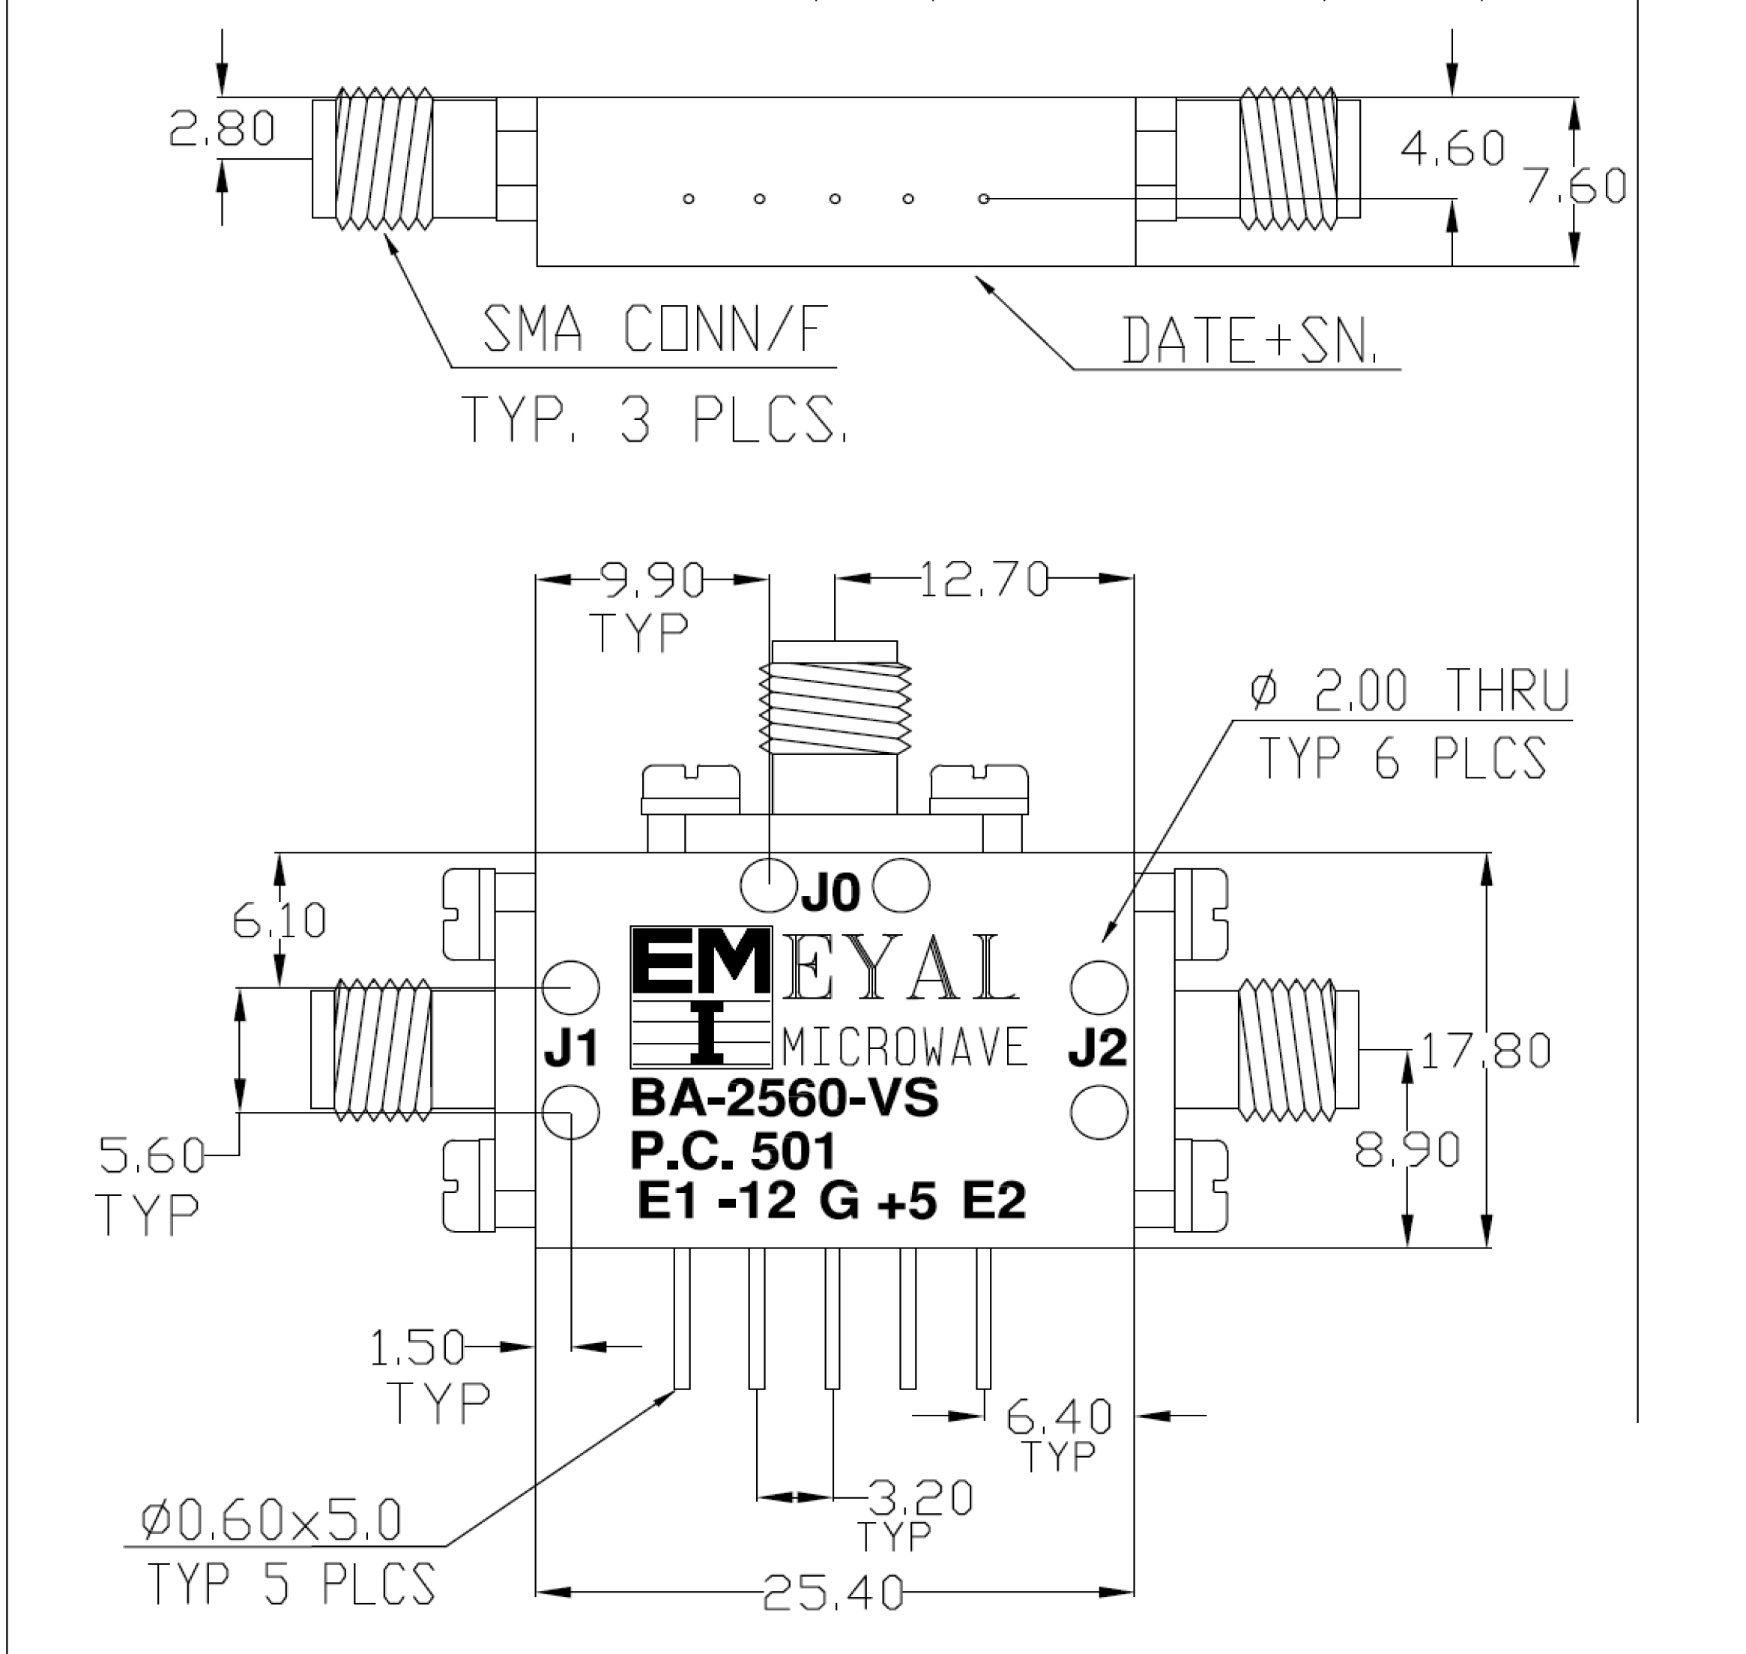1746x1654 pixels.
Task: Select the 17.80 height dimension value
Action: [1486, 1051]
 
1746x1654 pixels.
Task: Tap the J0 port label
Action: [830, 894]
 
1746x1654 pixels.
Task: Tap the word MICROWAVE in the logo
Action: [905, 1047]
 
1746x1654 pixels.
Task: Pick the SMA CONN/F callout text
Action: [656, 329]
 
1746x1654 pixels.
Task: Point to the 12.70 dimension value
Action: [985, 580]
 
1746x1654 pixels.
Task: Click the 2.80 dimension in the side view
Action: [222, 128]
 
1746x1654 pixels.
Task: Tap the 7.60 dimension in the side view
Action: [1576, 186]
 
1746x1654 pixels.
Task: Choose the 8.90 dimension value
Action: [1407, 1149]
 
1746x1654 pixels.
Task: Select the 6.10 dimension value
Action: [280, 921]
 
